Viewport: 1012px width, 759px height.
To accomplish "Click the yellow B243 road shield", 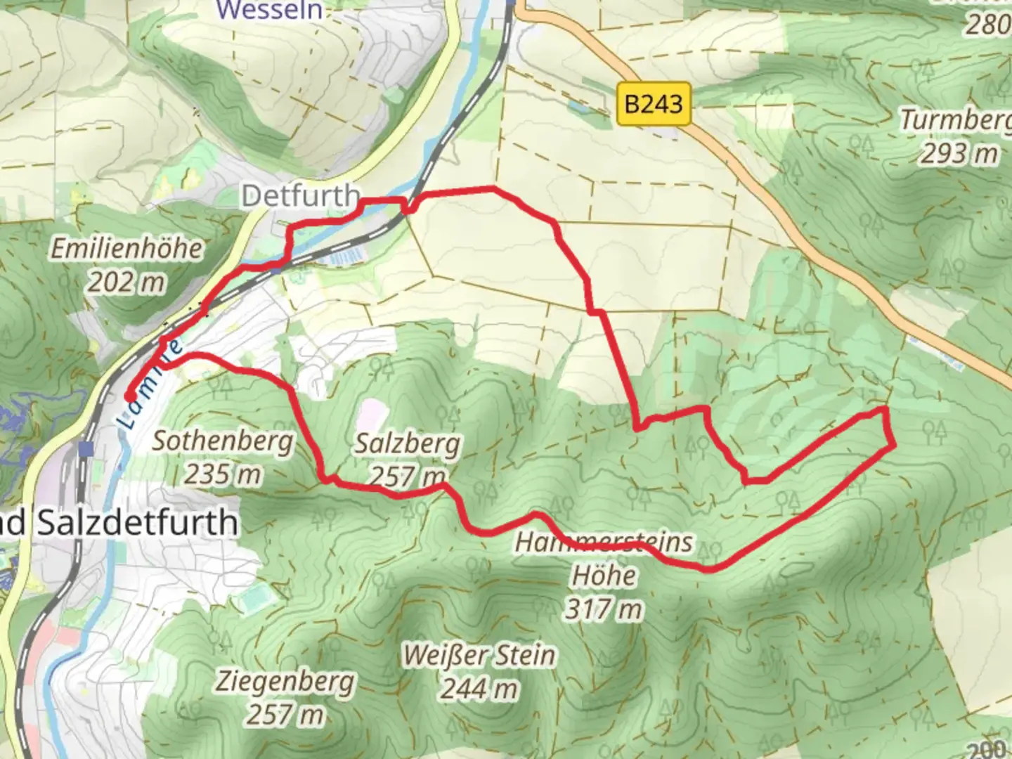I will click(x=654, y=105).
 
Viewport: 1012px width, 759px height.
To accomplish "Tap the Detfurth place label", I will click(x=301, y=196).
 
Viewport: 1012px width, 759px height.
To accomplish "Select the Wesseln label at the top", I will click(x=270, y=10).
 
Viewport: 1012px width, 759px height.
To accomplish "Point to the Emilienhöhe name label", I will click(x=126, y=249).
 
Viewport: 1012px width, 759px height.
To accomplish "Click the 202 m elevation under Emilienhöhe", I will click(x=126, y=283).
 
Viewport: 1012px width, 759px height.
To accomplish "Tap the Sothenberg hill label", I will click(x=223, y=441).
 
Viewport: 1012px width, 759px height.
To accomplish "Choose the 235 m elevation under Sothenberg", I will click(x=223, y=474).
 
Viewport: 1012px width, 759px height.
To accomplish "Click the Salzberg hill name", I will click(x=408, y=443).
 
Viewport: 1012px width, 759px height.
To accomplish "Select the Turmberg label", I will click(x=956, y=120).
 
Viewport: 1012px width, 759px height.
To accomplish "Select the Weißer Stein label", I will click(x=479, y=656).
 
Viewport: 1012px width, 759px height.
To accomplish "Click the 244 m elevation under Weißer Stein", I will click(x=479, y=689).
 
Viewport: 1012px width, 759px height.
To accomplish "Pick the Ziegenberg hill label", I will click(x=285, y=682).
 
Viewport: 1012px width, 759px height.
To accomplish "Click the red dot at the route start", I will click(x=131, y=397).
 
